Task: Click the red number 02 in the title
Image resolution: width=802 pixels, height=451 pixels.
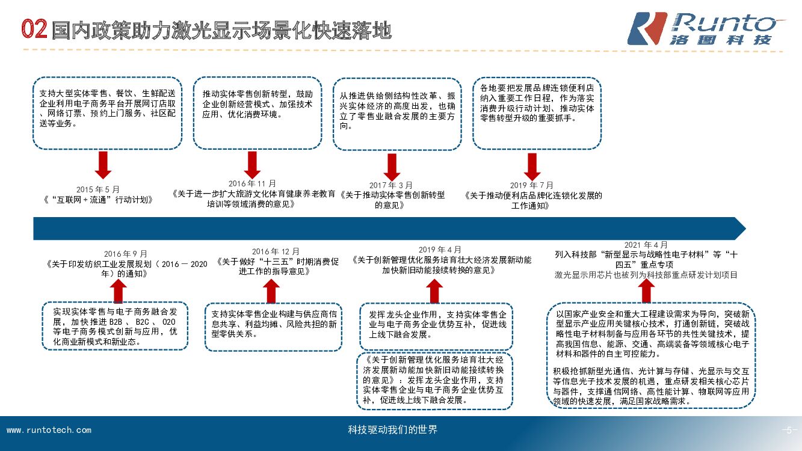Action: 34,29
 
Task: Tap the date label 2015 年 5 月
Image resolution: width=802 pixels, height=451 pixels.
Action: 98,189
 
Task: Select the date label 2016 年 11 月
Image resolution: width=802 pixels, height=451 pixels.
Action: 252,183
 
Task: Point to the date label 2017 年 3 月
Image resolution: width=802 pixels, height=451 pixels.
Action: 391,185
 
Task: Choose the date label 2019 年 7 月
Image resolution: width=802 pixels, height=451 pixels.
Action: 531,185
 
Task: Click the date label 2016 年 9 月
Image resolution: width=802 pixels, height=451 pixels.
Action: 126,254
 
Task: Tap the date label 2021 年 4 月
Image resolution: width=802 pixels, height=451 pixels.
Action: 646,245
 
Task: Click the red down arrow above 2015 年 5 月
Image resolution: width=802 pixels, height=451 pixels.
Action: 103,165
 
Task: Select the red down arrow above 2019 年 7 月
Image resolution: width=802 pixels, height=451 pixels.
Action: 532,166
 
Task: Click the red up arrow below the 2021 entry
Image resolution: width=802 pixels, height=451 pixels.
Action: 647,291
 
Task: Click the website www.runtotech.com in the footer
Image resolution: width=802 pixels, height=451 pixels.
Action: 49,430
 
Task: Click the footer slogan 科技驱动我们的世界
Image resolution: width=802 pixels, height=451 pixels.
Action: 393,429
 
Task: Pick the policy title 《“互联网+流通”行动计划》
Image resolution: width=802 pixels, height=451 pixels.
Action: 99,200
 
